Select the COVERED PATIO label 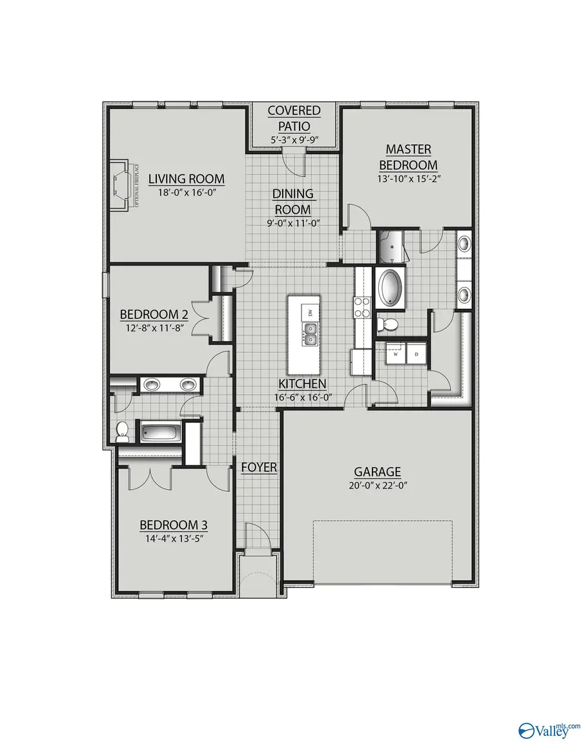(x=294, y=118)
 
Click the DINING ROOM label (x=292, y=201)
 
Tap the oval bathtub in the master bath (x=390, y=289)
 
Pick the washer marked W (x=394, y=353)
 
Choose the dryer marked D (x=416, y=353)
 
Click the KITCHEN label (x=293, y=384)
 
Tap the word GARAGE (x=378, y=472)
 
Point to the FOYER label (x=259, y=467)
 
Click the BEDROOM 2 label (x=154, y=315)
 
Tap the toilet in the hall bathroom (x=122, y=432)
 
